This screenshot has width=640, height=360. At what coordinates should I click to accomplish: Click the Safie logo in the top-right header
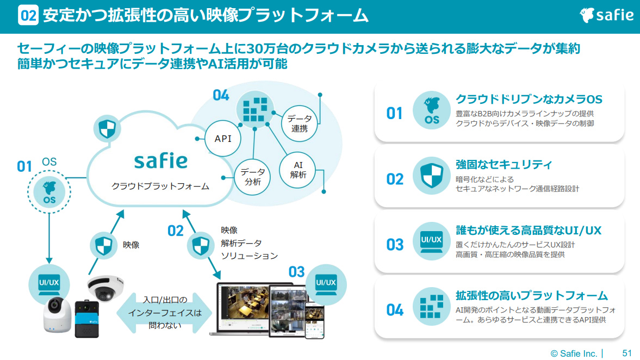tap(607, 15)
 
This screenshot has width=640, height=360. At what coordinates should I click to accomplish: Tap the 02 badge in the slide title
tap(28, 15)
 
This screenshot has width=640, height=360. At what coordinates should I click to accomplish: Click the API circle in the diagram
tap(223, 138)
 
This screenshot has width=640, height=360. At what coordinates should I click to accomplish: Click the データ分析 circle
tap(252, 177)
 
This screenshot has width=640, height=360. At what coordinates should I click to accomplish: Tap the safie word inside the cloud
tap(160, 161)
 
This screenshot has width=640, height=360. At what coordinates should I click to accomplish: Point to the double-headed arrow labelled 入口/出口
tap(164, 313)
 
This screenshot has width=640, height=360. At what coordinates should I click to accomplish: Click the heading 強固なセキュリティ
tap(504, 164)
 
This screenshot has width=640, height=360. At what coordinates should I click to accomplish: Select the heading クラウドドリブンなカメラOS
tap(529, 100)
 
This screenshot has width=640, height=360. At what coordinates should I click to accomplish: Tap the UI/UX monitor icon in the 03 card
tap(431, 241)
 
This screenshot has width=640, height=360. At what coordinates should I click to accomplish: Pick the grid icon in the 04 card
tap(431, 306)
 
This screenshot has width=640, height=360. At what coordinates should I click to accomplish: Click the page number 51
tap(627, 353)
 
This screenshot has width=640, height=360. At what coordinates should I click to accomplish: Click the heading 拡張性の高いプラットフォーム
tap(531, 295)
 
